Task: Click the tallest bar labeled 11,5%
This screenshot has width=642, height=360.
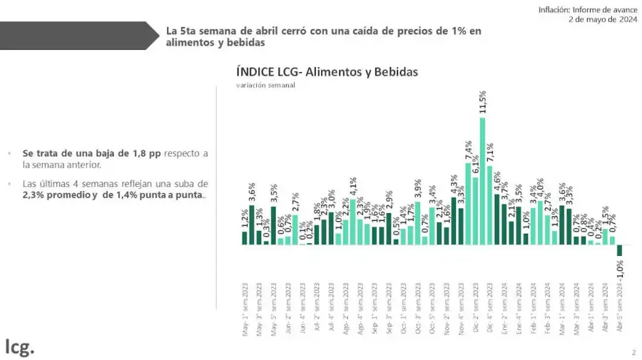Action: pyautogui.click(x=483, y=180)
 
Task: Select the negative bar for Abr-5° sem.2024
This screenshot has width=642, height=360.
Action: pyautogui.click(x=620, y=250)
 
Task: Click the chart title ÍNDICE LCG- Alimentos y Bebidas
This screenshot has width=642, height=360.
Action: pyautogui.click(x=327, y=72)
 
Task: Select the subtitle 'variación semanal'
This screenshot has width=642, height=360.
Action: pyautogui.click(x=265, y=85)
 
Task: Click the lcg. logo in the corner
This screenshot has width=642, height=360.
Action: pyautogui.click(x=19, y=347)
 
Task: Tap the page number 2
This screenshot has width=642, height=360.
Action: pyautogui.click(x=633, y=352)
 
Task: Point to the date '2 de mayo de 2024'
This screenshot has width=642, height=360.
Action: pyautogui.click(x=603, y=19)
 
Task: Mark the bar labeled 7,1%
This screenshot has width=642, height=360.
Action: pyautogui.click(x=490, y=205)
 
